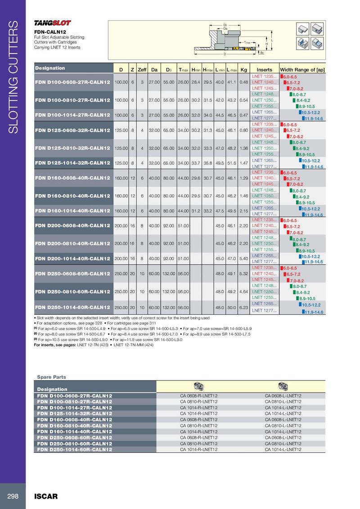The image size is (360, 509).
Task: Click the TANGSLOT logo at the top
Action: click(x=53, y=23)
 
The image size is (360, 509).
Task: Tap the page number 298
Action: click(x=12, y=496)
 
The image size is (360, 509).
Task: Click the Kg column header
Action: click(x=244, y=70)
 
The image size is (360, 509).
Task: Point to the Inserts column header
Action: click(x=264, y=70)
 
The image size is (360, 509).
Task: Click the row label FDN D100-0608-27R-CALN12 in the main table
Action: click(x=72, y=82)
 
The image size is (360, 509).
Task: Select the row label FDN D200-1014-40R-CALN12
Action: click(x=72, y=259)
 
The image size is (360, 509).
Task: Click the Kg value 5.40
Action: click(x=244, y=259)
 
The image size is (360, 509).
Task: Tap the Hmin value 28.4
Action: click(x=195, y=82)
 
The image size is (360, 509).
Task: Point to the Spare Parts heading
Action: click(x=51, y=377)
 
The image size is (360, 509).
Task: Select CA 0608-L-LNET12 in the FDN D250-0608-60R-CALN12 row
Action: click(x=283, y=437)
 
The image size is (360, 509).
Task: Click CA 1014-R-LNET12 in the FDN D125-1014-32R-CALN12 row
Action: click(x=198, y=414)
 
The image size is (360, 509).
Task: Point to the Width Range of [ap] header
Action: click(x=302, y=70)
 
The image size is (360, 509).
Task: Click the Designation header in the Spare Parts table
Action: click(x=52, y=389)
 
